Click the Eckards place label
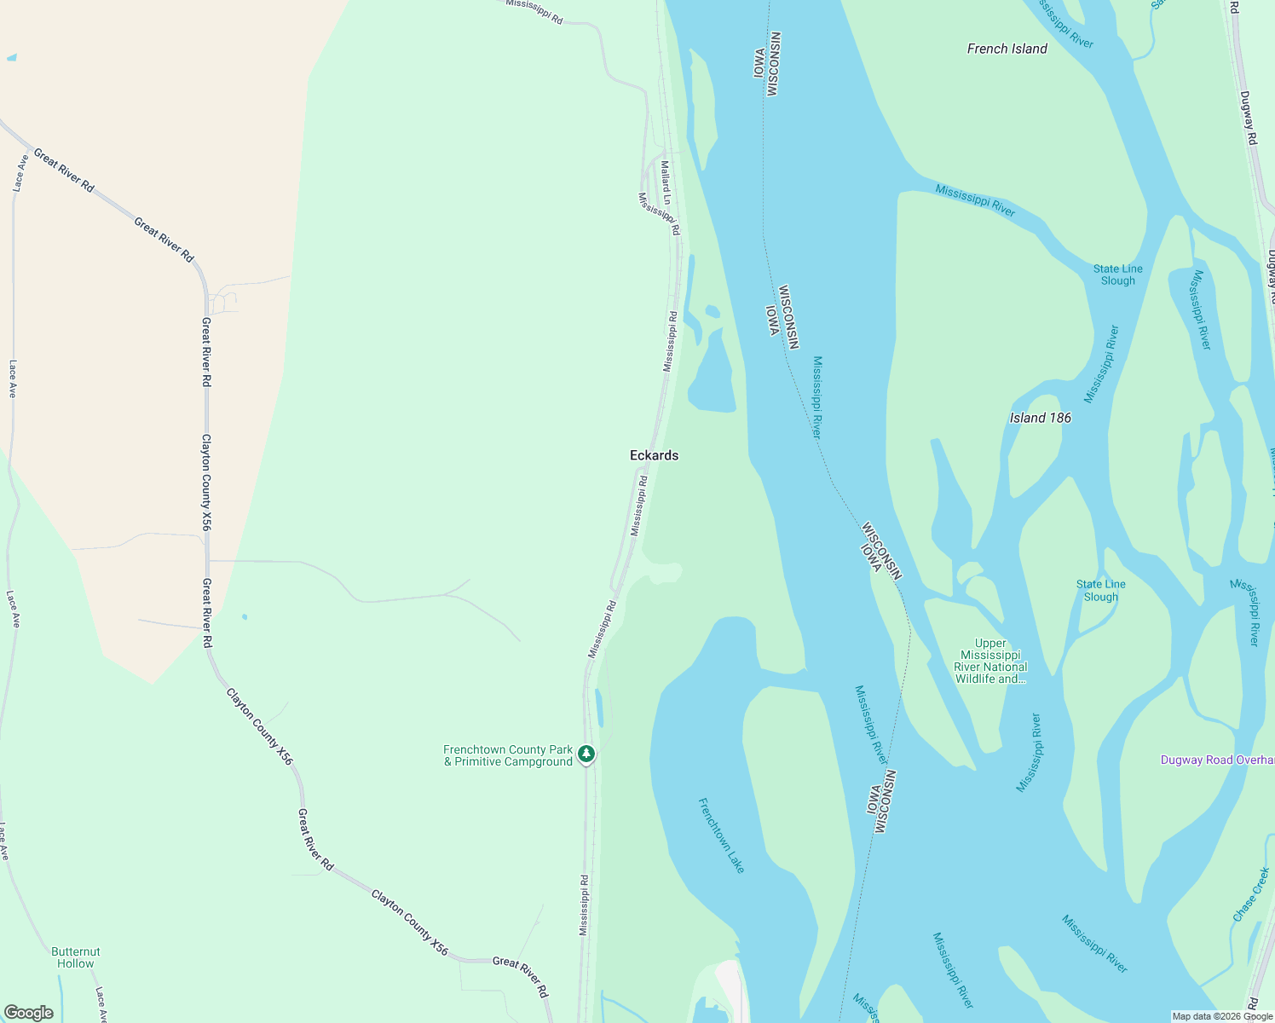click(654, 455)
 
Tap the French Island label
click(1007, 49)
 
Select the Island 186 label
click(1040, 418)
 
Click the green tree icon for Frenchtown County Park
click(586, 754)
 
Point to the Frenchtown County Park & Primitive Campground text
click(508, 756)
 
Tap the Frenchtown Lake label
click(721, 835)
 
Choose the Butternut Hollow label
click(76, 957)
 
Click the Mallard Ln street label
click(666, 183)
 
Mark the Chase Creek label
click(1251, 894)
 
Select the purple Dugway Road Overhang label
click(1217, 760)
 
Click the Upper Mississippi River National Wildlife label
click(990, 662)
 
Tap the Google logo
click(28, 1013)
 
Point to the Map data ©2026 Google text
click(1220, 1016)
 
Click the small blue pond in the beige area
click(11, 58)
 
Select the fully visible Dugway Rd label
click(1248, 118)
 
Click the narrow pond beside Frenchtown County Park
click(599, 708)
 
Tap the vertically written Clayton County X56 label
click(206, 483)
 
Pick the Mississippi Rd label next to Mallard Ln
click(660, 213)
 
